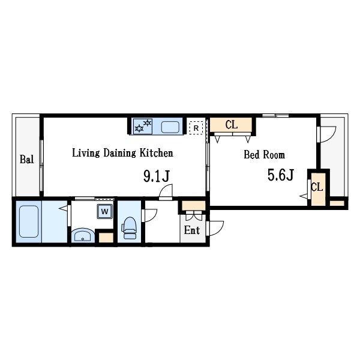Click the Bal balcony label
pos(27,159)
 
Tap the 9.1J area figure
pos(157,176)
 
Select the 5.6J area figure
pos(281,175)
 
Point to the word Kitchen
pos(157,153)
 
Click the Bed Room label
pos(264,155)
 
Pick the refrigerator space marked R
pos(196,128)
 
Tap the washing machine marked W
pos(104,211)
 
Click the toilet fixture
pos(130,228)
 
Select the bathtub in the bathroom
pos(29,221)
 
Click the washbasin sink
pos(83,235)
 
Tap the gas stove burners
pos(143,126)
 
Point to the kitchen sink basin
pos(170,127)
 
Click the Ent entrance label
pos(192,230)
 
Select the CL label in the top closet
pos(231,125)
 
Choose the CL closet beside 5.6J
pos(318,190)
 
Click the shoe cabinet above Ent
pos(194,205)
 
